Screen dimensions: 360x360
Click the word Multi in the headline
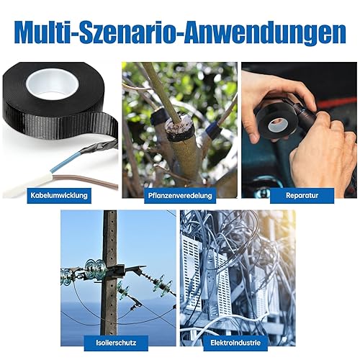[45, 32]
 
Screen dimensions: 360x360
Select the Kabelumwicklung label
[59, 196]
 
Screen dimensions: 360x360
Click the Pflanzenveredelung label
[180, 196]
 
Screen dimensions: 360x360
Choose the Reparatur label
[302, 196]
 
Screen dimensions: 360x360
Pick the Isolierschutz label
[116, 343]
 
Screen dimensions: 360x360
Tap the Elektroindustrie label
[235, 343]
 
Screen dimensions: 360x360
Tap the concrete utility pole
[109, 276]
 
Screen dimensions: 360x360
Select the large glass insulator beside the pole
[96, 269]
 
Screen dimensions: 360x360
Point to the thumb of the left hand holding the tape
[252, 130]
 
